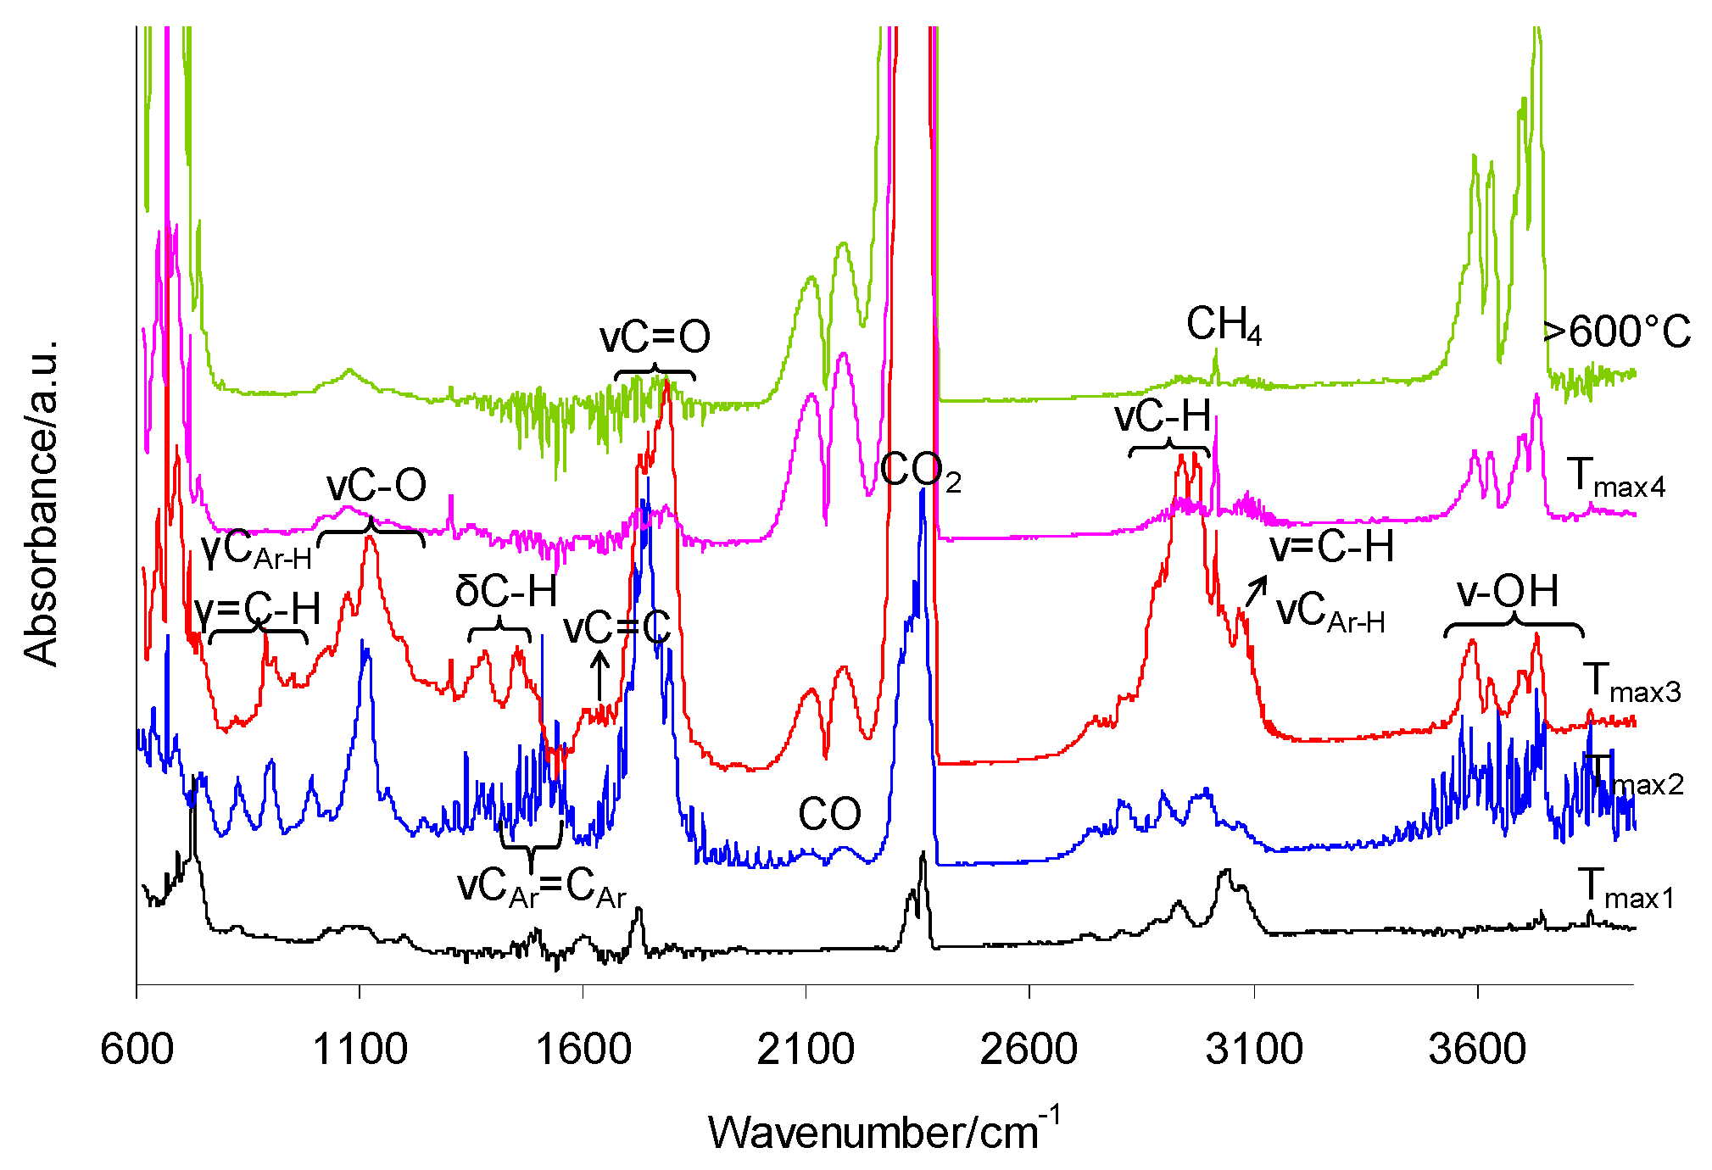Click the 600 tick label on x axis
(137, 1050)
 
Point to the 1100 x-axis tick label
(360, 1050)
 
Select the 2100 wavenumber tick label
(806, 1050)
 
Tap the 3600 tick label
(1477, 1050)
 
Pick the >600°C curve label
(1616, 331)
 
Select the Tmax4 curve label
(1616, 477)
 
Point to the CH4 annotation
(1224, 326)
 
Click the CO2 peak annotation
(920, 471)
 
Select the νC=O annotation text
(655, 337)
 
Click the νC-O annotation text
(376, 486)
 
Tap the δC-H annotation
(506, 591)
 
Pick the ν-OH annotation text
(1508, 591)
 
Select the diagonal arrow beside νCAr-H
(1256, 591)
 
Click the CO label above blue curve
(829, 815)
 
